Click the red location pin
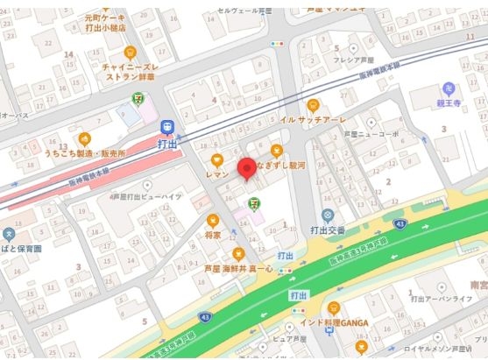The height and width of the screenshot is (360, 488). click(246, 167)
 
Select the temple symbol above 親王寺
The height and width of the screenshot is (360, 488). click(449, 88)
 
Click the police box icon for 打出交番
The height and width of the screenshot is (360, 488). click(328, 215)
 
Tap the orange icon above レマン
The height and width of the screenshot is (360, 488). click(216, 159)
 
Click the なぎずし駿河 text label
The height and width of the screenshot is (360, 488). click(286, 164)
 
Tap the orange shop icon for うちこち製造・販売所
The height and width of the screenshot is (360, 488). click(84, 138)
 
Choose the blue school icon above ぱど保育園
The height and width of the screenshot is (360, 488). click(9, 234)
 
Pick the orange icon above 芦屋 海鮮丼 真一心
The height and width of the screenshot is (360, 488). click(236, 254)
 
